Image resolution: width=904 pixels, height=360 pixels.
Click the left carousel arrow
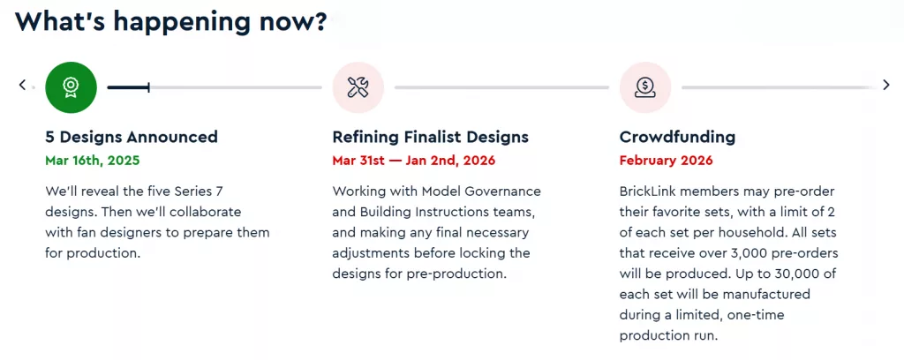22,86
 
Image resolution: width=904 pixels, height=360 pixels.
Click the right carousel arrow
886,86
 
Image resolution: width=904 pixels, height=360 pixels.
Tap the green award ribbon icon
71,87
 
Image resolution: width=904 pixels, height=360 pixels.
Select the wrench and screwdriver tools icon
358,87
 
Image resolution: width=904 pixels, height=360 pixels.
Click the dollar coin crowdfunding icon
645,87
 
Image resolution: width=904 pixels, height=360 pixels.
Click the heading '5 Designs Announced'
132,137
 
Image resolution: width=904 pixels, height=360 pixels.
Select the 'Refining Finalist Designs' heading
430,137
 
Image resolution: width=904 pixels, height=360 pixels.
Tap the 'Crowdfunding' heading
677,137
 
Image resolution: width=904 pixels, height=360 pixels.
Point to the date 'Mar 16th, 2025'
92,160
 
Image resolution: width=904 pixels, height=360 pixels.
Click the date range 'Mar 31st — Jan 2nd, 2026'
413,160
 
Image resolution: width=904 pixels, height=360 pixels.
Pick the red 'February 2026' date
666,160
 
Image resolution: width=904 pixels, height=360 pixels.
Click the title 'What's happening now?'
170,22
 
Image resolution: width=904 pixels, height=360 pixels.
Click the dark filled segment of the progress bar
129,87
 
